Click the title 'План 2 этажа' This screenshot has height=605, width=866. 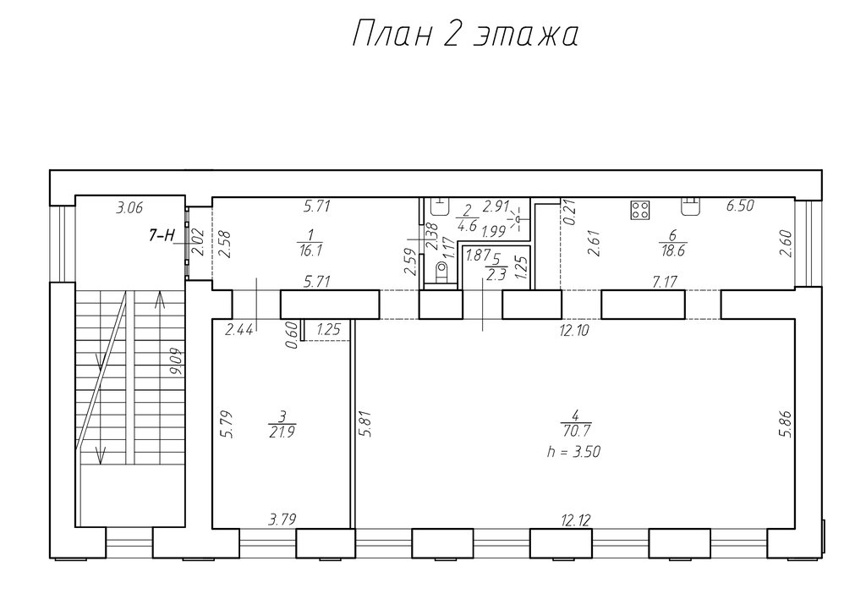[465, 35]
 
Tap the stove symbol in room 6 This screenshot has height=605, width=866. [640, 209]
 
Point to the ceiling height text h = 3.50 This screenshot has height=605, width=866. [573, 451]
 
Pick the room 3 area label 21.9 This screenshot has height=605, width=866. [282, 432]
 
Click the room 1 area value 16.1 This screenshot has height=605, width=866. [310, 250]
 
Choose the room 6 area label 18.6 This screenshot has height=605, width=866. [672, 250]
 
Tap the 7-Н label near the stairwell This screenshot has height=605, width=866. [162, 235]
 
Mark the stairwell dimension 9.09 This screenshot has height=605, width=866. [178, 362]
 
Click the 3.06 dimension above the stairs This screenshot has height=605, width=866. [129, 208]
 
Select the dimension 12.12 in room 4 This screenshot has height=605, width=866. [575, 520]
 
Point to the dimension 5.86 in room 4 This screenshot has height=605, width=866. [786, 424]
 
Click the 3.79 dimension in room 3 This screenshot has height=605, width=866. [282, 520]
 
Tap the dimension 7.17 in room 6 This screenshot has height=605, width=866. [664, 283]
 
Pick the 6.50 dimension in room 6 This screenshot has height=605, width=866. [740, 206]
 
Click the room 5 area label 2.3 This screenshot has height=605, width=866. [496, 275]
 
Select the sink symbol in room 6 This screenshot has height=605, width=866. [689, 206]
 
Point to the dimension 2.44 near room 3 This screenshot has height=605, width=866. [239, 330]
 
